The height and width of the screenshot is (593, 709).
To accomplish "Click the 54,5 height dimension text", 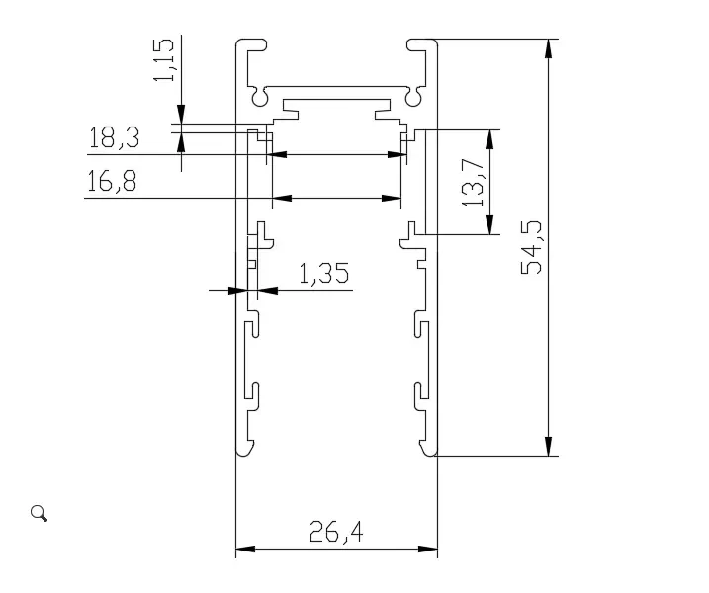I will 534,247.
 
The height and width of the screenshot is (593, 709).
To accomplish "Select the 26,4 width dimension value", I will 336,533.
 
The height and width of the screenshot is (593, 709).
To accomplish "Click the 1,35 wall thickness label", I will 323,274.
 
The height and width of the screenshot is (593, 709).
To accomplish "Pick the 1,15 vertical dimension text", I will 166,61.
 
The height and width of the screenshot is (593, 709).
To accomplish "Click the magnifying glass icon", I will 40,512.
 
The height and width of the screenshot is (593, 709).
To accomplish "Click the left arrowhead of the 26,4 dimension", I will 243,548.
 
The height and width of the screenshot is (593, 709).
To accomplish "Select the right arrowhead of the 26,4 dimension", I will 429,548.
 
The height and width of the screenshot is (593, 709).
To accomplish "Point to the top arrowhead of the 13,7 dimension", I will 489,137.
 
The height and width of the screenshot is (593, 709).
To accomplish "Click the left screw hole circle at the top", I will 260,98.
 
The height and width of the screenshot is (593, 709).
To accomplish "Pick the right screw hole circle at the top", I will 411,98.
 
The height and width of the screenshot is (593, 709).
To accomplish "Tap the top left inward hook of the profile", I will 255,44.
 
